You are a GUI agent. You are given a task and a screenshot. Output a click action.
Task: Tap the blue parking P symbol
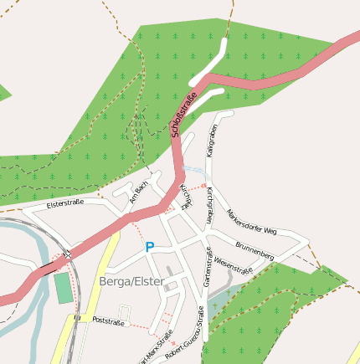point(150,247)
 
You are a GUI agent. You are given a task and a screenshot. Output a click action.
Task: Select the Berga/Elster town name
point(131,281)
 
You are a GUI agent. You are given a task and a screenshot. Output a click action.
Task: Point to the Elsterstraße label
point(64,203)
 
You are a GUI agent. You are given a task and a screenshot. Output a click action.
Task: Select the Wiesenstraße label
point(234,265)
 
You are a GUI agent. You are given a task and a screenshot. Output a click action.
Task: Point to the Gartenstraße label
point(208,272)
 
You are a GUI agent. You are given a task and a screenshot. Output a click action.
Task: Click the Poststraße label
point(108,321)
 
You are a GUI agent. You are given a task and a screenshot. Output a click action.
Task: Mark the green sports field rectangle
point(64,288)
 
